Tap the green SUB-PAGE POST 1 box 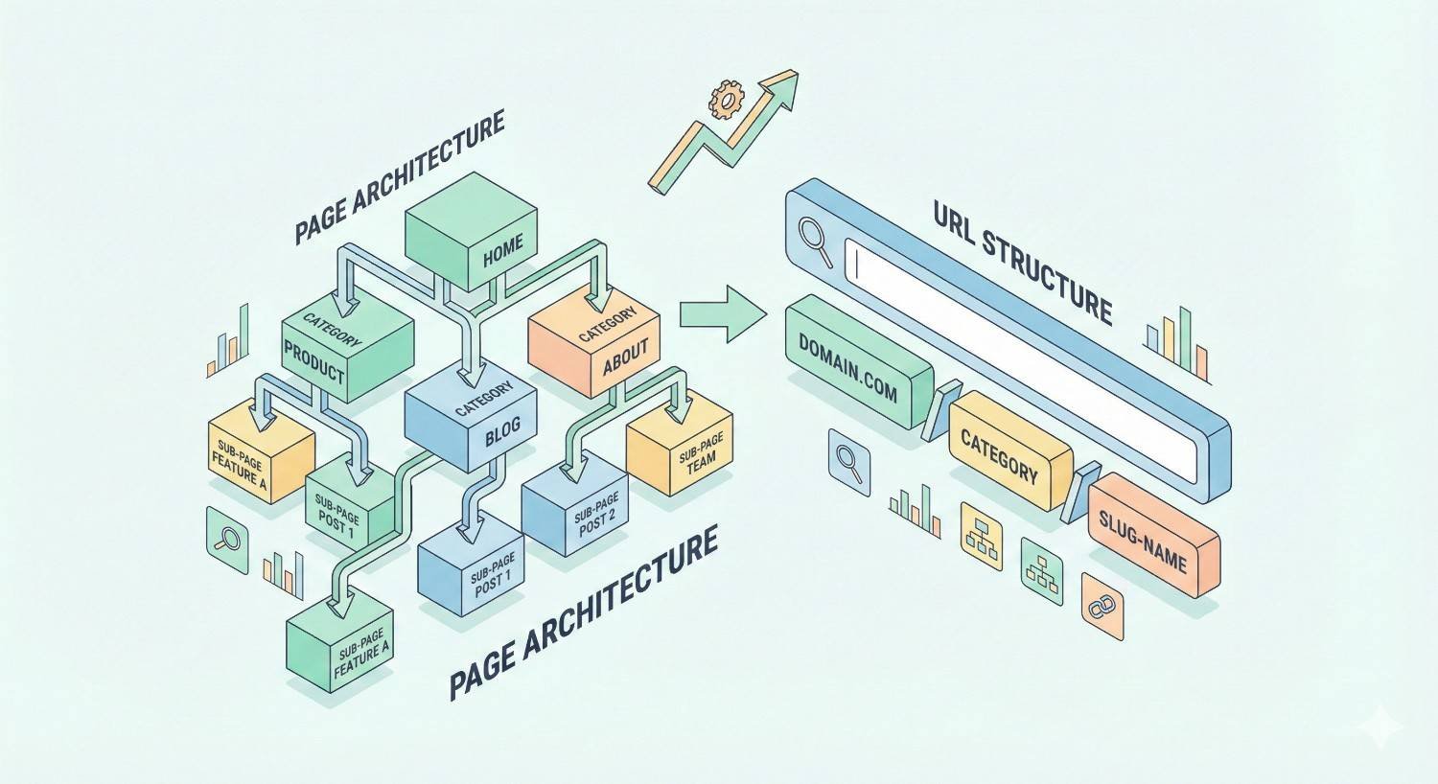(x=347, y=508)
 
